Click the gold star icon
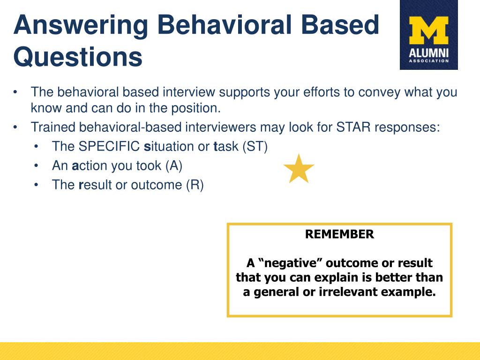coord(299,169)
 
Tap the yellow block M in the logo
coord(428,30)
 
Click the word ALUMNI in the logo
coord(428,53)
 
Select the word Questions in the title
coord(78,57)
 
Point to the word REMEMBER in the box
coord(339,234)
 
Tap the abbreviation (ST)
coord(255,146)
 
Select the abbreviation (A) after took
coord(174,165)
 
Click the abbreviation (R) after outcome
coord(195,185)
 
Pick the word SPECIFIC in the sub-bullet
coord(109,146)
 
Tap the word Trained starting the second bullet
coord(52,127)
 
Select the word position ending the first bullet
coord(195,108)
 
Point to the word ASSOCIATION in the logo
coord(428,61)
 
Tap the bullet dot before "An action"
coord(36,166)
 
